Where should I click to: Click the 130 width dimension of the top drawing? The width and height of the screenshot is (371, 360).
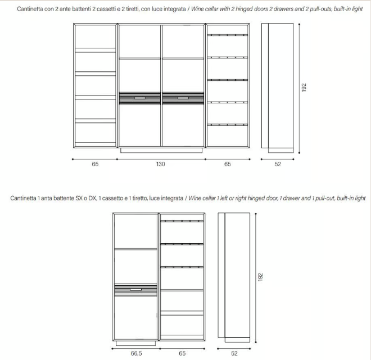pyautogui.click(x=161, y=164)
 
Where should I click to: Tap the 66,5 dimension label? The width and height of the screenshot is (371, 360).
pyautogui.click(x=136, y=353)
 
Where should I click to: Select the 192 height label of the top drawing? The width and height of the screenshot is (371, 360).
pyautogui.click(x=304, y=88)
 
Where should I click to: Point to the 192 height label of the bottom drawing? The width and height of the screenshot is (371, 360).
pyautogui.click(x=260, y=277)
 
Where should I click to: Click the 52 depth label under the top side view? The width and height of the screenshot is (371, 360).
pyautogui.click(x=278, y=164)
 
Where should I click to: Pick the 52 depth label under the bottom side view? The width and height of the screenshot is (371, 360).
pyautogui.click(x=234, y=353)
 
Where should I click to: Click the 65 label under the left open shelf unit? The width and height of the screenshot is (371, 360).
pyautogui.click(x=95, y=164)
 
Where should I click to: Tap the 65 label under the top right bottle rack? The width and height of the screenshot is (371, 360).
pyautogui.click(x=228, y=164)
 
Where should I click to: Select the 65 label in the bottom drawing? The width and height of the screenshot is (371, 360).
pyautogui.click(x=182, y=353)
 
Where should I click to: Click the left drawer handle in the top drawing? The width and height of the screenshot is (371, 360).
pyautogui.click(x=140, y=98)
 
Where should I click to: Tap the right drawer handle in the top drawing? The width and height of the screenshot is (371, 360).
pyautogui.click(x=183, y=98)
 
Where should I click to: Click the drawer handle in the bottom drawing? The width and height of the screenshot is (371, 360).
pyautogui.click(x=135, y=289)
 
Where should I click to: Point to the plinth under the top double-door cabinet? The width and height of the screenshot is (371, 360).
pyautogui.click(x=161, y=151)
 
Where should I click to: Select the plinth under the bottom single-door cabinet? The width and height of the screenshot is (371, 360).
pyautogui.click(x=135, y=343)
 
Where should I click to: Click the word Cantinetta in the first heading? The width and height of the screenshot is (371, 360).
pyautogui.click(x=30, y=9)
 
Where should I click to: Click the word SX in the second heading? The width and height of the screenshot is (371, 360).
pyautogui.click(x=79, y=198)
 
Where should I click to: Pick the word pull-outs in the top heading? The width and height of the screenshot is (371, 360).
pyautogui.click(x=321, y=9)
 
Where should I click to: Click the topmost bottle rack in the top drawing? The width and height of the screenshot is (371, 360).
pyautogui.click(x=228, y=35)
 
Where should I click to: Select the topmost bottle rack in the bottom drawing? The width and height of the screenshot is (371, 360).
pyautogui.click(x=182, y=221)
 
